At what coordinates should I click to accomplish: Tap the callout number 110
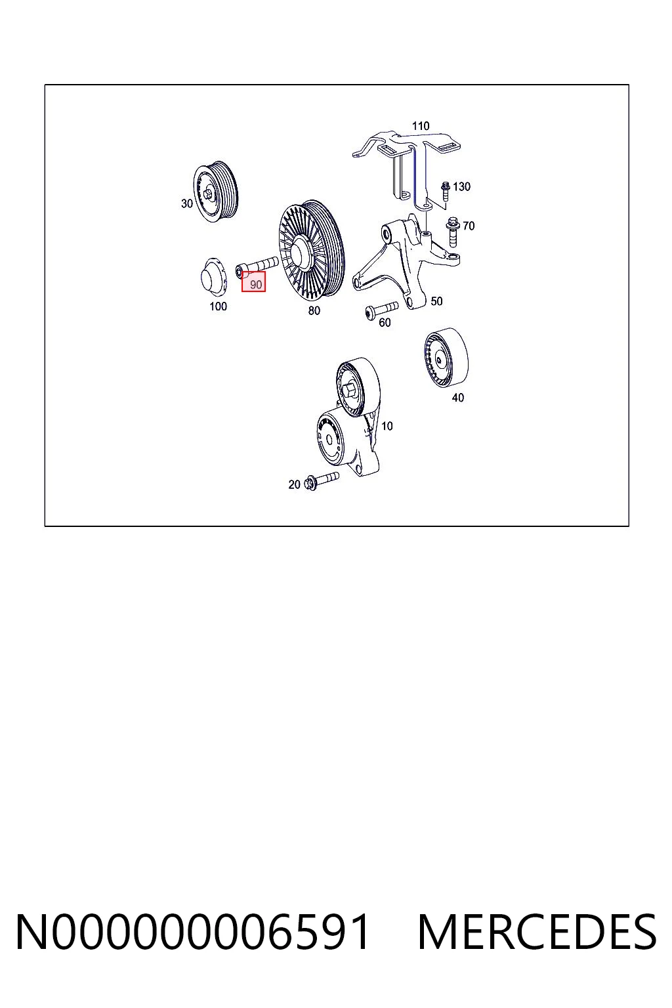point(421,126)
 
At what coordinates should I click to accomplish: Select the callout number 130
point(461,187)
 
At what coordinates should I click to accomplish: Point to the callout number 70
point(469,226)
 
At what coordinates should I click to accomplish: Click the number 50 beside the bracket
point(436,301)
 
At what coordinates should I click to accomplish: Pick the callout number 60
point(385,323)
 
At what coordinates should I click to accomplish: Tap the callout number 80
point(314,310)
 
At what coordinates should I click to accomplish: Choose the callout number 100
point(219,306)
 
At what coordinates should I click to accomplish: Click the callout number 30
point(187,203)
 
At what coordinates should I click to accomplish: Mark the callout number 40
point(458,398)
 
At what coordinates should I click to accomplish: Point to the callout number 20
point(294,485)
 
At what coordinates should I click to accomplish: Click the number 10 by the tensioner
point(387,426)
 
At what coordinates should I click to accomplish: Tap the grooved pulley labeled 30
point(216,191)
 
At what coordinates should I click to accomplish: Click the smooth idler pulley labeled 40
point(446,357)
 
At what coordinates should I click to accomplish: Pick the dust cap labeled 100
point(212,277)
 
